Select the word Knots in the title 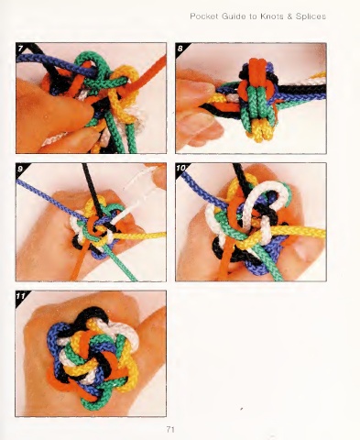point(272,16)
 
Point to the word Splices point(311,16)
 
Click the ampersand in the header point(289,16)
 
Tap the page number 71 point(170,429)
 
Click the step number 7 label point(20,48)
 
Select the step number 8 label point(180,48)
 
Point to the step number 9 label point(20,169)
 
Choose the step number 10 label point(181,168)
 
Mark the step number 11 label point(21,296)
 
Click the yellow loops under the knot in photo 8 point(258,130)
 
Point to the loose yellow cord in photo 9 point(139,236)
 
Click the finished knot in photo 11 point(93,357)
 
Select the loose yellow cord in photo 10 point(293,233)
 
